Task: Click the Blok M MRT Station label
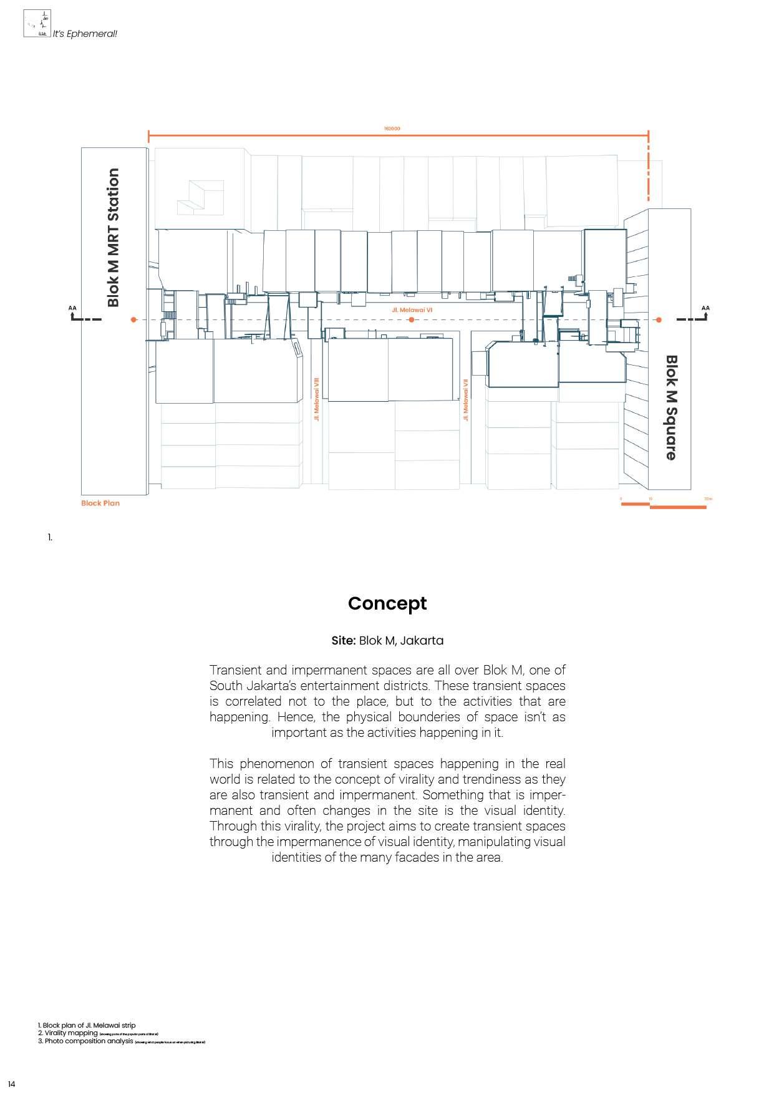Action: (113, 238)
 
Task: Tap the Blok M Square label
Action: (671, 407)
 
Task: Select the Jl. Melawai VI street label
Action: (412, 310)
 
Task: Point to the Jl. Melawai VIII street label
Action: (317, 398)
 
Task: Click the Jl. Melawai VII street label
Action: (465, 400)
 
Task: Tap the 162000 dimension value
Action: (392, 129)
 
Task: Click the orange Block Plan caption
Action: (100, 503)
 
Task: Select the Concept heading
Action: (387, 603)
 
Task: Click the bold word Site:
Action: (344, 641)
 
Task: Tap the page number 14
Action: (12, 1084)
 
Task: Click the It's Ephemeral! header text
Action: (85, 34)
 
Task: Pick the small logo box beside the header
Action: (37, 24)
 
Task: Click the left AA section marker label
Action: (72, 308)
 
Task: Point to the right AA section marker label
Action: (705, 308)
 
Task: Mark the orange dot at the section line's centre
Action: (412, 320)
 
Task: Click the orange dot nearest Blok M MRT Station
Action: (133, 320)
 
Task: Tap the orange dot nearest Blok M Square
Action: (659, 320)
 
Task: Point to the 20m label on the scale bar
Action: (707, 499)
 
